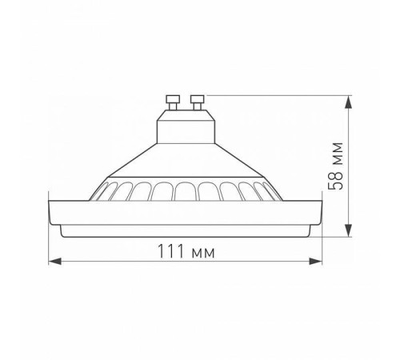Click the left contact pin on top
point(171,101)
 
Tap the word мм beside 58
point(339,156)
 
